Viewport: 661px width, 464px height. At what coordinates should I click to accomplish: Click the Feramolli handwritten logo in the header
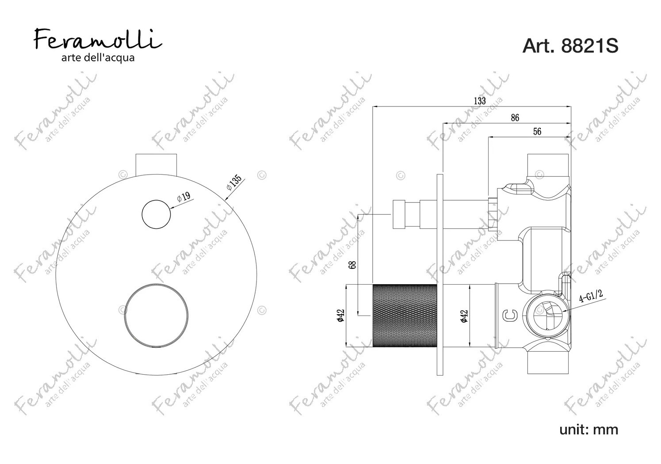98,39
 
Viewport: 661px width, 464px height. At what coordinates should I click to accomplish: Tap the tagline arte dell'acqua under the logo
98,58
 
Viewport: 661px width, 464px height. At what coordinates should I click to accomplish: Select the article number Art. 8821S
570,46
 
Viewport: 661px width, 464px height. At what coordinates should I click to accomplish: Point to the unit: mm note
588,430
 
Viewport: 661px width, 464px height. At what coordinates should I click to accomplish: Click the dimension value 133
480,101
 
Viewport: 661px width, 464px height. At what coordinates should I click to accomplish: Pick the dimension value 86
515,118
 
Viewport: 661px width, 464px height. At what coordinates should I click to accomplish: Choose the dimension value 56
537,131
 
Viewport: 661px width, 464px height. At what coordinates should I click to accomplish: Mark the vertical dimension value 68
353,265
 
